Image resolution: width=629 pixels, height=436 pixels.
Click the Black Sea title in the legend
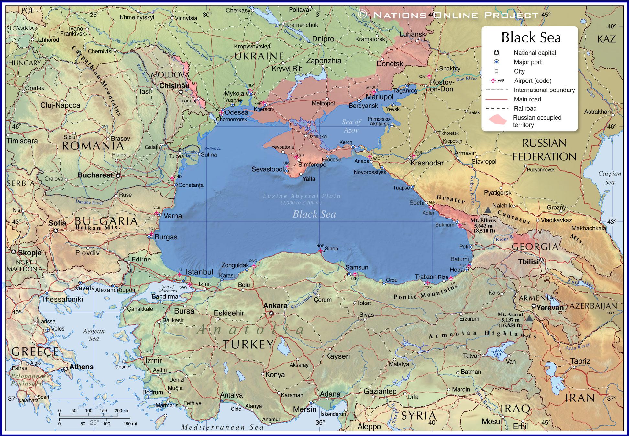click(531, 38)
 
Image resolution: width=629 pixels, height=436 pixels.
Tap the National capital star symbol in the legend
click(496, 53)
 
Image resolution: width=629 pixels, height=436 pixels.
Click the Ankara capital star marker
click(271, 313)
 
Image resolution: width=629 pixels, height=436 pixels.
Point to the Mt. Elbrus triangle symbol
click(488, 210)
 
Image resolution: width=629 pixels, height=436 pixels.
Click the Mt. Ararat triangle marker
click(529, 318)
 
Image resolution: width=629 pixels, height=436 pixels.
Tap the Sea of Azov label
click(351, 126)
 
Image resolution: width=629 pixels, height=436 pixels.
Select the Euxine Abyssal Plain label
click(302, 196)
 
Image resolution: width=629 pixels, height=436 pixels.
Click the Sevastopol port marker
click(287, 170)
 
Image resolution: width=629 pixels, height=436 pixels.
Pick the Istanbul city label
click(199, 272)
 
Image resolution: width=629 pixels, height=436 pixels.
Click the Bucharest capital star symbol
click(118, 175)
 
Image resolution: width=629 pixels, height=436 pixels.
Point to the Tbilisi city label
click(528, 262)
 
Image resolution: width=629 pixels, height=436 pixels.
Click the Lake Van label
click(497, 352)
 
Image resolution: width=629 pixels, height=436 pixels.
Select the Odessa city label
click(236, 112)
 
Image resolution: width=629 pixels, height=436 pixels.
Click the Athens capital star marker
click(66, 368)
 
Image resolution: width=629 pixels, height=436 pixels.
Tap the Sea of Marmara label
click(169, 289)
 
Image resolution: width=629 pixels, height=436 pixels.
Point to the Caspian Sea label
click(609, 178)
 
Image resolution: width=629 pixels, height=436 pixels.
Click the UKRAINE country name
click(259, 56)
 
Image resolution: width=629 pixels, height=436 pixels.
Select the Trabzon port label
click(425, 277)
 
